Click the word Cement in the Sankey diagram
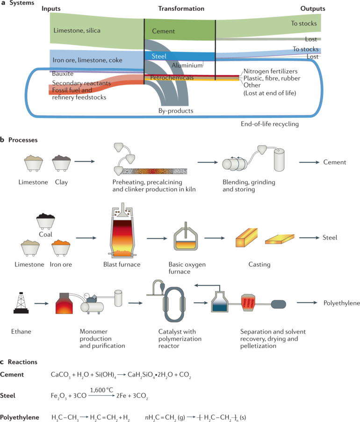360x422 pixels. coord(163,31)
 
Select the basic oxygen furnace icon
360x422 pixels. coord(187,238)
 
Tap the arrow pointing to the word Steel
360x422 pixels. coord(309,238)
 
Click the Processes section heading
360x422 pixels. coord(22,140)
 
